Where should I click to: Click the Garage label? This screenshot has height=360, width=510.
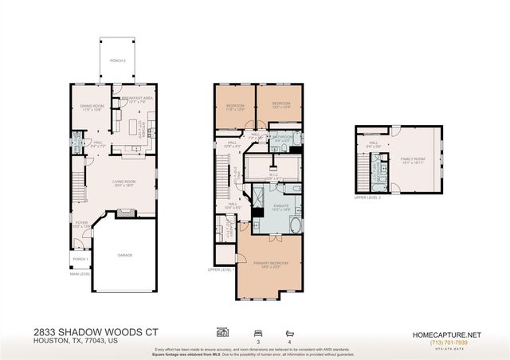click(x=125, y=255)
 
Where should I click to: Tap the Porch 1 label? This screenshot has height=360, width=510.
click(x=79, y=259)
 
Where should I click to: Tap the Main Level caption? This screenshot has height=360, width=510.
click(x=80, y=275)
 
